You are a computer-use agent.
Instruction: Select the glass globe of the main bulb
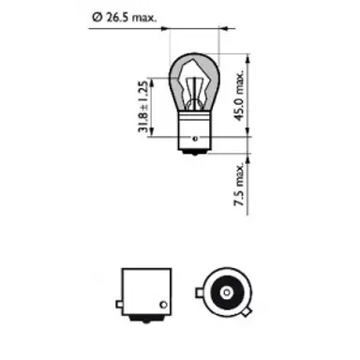[x=196, y=80]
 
